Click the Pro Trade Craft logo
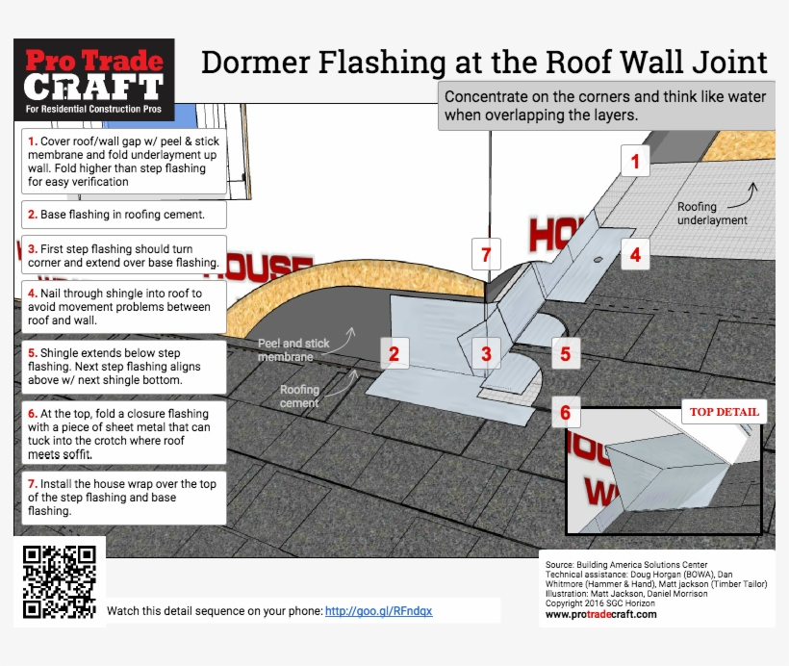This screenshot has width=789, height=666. [x=93, y=80]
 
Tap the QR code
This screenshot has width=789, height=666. [x=60, y=581]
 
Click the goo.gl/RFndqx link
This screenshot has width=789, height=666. [x=378, y=610]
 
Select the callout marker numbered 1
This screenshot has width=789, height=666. [x=634, y=161]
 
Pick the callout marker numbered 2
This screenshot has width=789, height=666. [x=394, y=353]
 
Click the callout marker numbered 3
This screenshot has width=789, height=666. [x=486, y=354]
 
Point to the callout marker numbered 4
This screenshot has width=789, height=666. [x=635, y=255]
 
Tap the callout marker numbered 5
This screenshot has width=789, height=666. [x=565, y=354]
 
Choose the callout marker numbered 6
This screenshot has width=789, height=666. [x=565, y=413]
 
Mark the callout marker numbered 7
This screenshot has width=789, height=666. [x=486, y=255]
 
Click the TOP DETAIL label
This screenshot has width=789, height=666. [x=724, y=412]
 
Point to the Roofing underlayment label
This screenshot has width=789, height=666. [x=712, y=213]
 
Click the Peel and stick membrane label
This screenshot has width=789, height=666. [x=293, y=349]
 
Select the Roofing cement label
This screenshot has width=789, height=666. [x=299, y=397]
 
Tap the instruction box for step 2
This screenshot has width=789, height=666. [x=120, y=214]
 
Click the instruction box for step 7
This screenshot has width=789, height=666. [x=120, y=498]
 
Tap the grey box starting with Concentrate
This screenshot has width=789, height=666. [x=606, y=106]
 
